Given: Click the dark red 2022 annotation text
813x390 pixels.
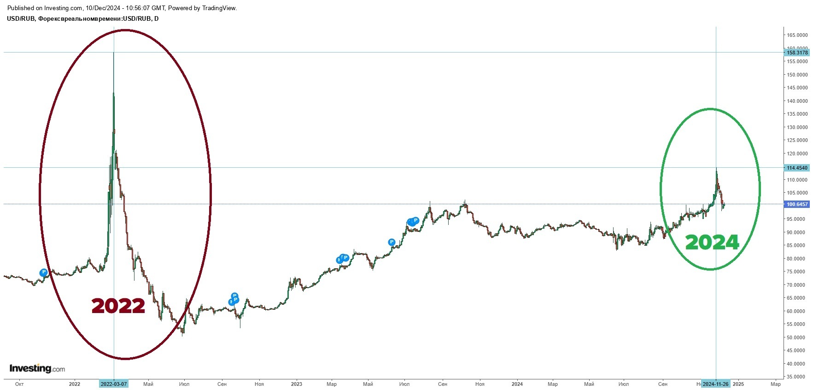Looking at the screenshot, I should click(x=118, y=306).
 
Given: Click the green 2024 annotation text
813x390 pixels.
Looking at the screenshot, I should click(x=712, y=242).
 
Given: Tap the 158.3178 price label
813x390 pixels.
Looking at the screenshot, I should click(x=797, y=53).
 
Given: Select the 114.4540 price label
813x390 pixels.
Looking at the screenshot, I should click(x=797, y=168).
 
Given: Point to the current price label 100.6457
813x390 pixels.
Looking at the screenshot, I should click(x=797, y=204).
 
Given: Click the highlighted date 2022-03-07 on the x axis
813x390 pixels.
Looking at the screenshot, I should click(x=114, y=384).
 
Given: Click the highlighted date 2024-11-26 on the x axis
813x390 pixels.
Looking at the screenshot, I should click(x=715, y=384).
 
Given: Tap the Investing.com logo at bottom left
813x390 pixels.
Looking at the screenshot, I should click(x=37, y=369).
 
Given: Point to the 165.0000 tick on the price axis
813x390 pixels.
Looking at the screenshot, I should click(x=797, y=35).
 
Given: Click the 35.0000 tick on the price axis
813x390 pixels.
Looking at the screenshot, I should click(x=797, y=377).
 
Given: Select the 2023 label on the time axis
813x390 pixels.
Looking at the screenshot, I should click(x=297, y=384).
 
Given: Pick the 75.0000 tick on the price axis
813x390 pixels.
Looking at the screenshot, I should click(x=797, y=272).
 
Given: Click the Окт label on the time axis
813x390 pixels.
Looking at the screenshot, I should click(x=19, y=384).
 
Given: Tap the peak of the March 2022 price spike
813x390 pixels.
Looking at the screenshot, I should click(x=114, y=53).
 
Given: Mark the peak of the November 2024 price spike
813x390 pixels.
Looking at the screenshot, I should click(x=716, y=169).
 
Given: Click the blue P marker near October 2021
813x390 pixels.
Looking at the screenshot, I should click(x=44, y=272).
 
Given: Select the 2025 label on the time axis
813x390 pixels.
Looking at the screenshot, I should click(x=738, y=384).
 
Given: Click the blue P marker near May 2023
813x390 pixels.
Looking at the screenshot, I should click(x=392, y=242).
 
